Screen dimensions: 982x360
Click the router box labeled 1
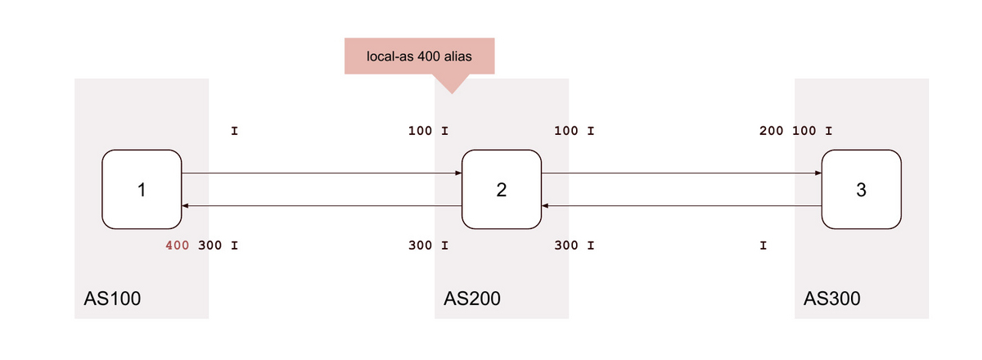(142, 190)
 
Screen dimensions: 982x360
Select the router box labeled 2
(502, 190)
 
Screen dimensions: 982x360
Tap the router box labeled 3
(862, 190)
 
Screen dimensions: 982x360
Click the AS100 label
(112, 299)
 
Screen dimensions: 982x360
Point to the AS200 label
(472, 299)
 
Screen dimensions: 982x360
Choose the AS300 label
(832, 299)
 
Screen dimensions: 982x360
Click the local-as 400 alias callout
(420, 56)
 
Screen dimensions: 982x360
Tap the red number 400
(177, 245)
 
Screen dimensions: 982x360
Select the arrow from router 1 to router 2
(322, 173)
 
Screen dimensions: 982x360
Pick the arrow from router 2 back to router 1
(322, 205)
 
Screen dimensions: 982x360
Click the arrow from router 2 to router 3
(682, 173)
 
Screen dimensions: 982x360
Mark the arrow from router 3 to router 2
(682, 205)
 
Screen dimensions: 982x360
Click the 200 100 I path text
(795, 131)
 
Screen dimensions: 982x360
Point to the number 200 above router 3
(771, 131)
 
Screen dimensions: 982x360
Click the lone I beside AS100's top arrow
(235, 131)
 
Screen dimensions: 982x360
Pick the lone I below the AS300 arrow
(764, 245)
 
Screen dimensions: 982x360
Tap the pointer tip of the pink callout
(452, 93)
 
